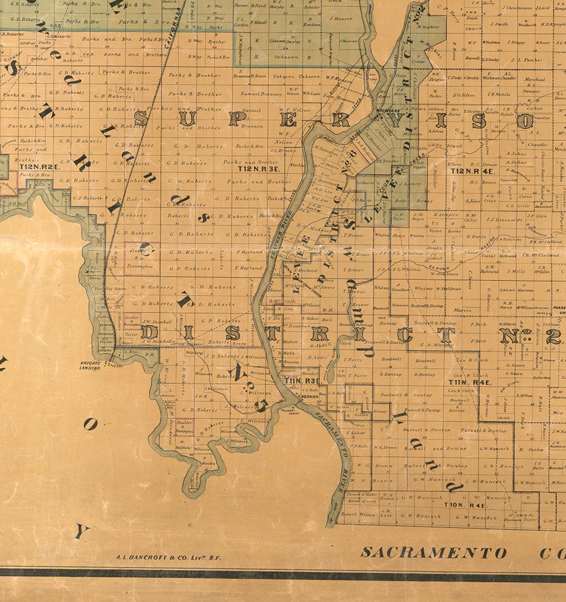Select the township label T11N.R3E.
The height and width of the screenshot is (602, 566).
302,381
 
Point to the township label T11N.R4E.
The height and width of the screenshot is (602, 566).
469,382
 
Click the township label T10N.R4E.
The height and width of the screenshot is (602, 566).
464,504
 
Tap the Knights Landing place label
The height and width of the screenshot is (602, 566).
89,364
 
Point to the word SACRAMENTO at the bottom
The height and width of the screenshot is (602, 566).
433,552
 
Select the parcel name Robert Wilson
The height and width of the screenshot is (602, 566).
358,515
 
